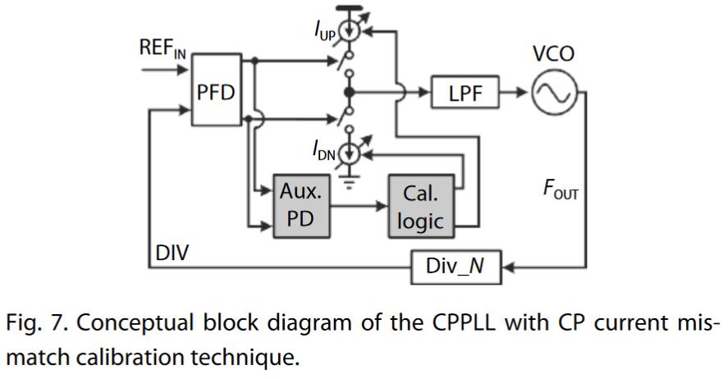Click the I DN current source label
323,151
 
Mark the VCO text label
552,54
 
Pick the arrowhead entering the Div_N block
506,267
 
